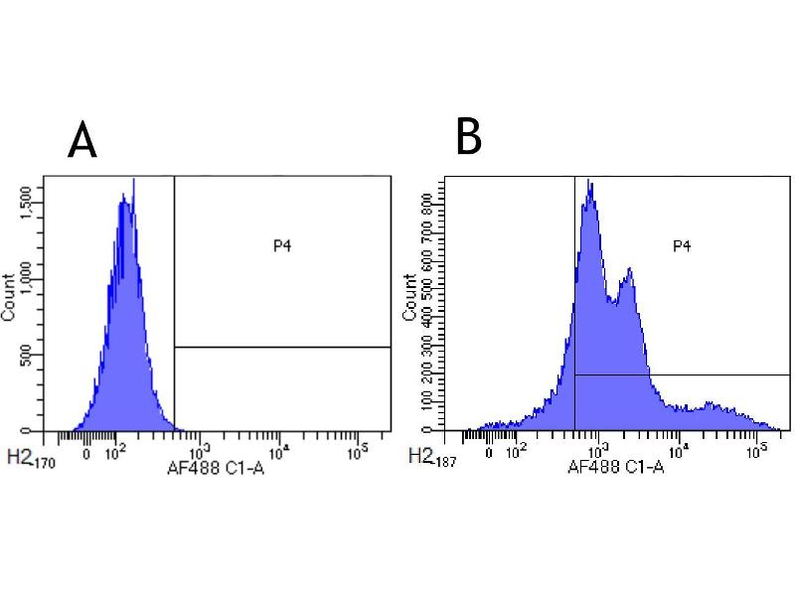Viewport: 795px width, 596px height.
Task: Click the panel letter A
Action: (x=82, y=142)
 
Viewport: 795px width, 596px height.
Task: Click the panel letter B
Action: (x=468, y=137)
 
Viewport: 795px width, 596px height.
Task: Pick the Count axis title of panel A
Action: (x=9, y=296)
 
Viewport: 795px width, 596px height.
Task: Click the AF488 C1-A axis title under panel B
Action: (x=616, y=465)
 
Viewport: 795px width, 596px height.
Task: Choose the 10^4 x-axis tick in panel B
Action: (x=679, y=448)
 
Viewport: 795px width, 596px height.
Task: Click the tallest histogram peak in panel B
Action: (x=589, y=182)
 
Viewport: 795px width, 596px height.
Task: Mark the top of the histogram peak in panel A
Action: (x=133, y=181)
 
